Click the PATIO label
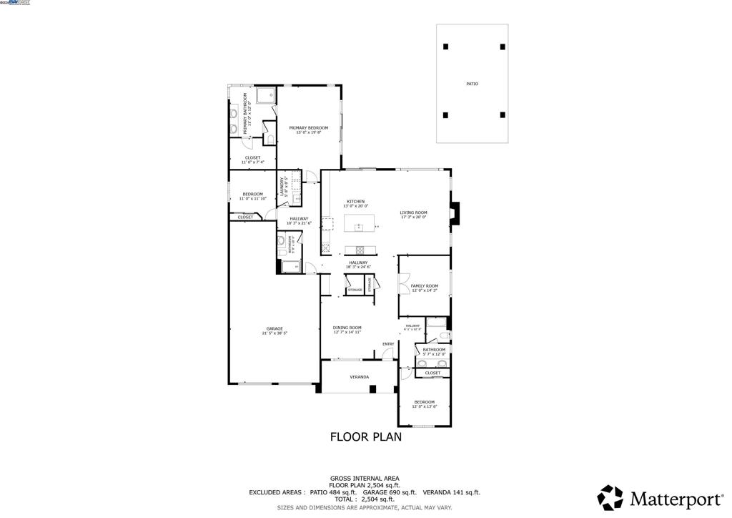[472, 84]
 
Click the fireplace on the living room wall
[455, 212]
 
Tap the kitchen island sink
[359, 227]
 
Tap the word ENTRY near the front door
[388, 344]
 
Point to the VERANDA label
[359, 376]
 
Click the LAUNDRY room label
[283, 186]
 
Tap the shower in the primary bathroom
[266, 95]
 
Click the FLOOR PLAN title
[365, 436]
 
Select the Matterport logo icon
[610, 497]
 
